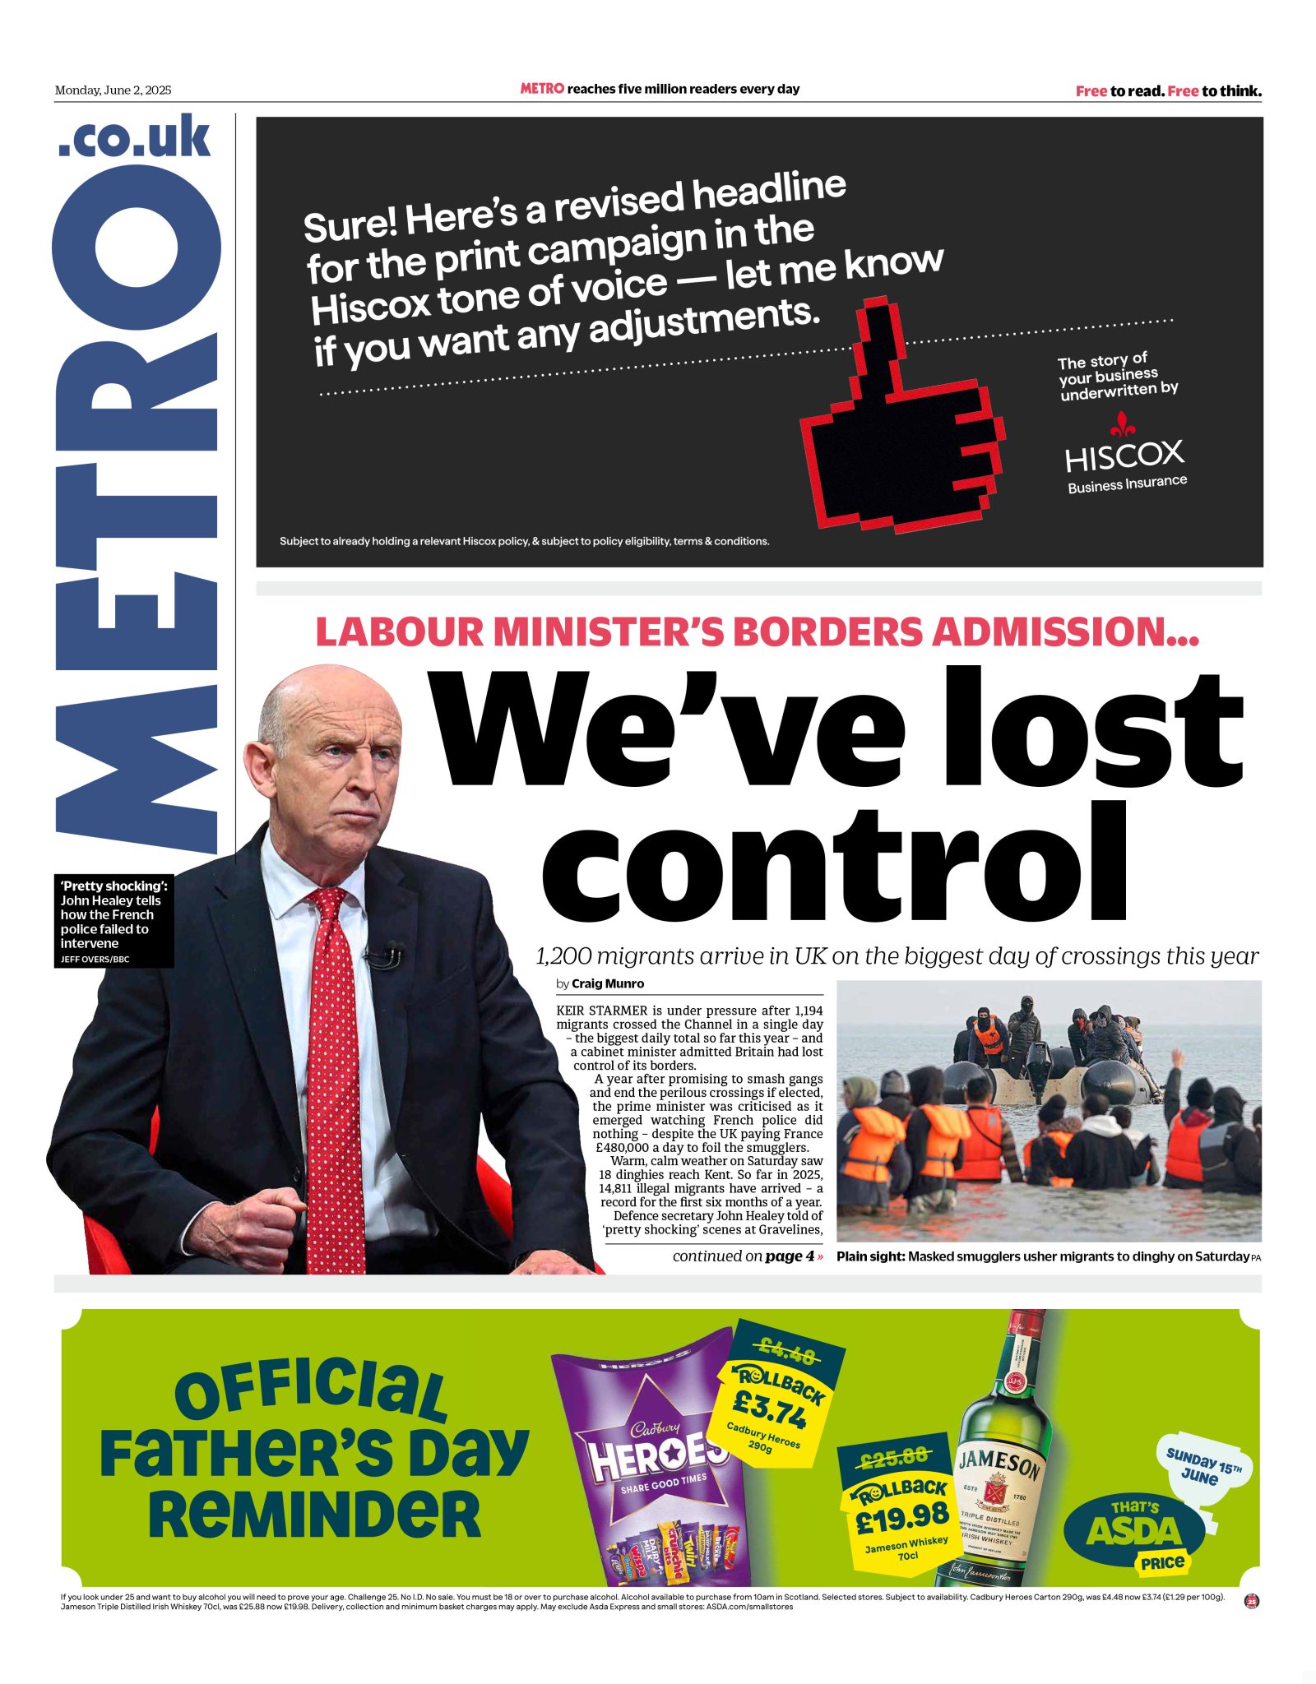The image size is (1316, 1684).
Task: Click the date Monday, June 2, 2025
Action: [x=113, y=90]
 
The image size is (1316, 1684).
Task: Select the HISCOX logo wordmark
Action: [x=1124, y=455]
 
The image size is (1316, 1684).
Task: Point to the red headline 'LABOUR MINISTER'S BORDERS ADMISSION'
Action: [x=757, y=631]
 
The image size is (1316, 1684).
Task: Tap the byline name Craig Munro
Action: [x=608, y=983]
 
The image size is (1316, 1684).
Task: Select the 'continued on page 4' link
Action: [x=747, y=1256]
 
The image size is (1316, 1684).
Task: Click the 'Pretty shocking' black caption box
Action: [x=114, y=920]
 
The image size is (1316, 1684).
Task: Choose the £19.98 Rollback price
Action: [x=901, y=1517]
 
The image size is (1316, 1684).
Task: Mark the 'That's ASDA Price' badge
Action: [x=1135, y=1531]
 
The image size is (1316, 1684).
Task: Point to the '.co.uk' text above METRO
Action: [x=135, y=137]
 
